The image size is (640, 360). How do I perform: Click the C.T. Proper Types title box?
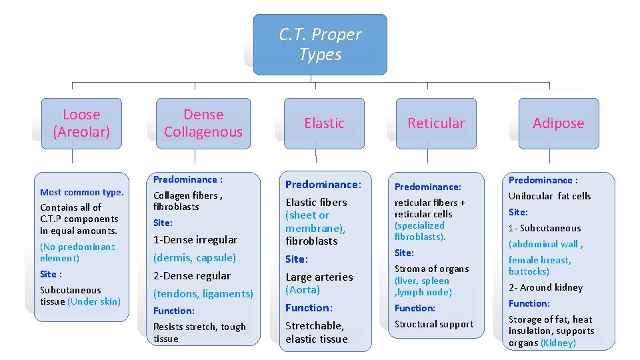320,45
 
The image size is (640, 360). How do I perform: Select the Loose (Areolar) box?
81,123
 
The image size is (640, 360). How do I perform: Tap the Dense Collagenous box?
203,123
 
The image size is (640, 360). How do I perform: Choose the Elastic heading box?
324,123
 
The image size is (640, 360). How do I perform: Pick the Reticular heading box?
436,123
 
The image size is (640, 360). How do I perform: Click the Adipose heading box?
559,123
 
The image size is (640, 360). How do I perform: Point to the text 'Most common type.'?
81,192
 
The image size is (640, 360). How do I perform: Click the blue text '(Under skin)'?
94,301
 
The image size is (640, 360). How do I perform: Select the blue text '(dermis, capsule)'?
195,257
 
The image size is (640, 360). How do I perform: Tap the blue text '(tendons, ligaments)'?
203,293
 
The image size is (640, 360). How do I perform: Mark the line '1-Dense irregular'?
195,239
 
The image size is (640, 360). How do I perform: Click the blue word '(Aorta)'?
303,289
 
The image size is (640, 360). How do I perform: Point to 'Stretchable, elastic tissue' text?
317,332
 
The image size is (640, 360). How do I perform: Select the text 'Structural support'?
434,324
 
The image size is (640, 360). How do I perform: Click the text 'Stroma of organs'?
431,269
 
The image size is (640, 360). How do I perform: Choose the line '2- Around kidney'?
545,287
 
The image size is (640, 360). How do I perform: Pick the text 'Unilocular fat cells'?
549,196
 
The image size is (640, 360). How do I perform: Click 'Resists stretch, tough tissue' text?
199,333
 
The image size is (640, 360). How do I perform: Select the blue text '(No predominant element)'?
77,252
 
